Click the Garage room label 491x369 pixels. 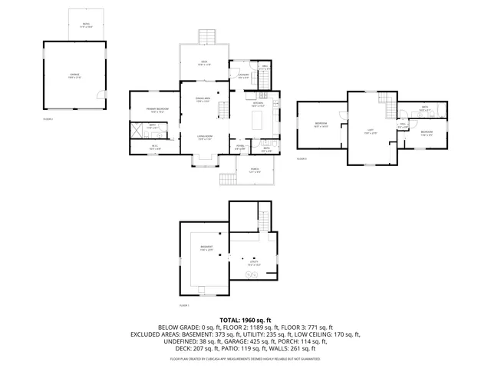coord(75,75)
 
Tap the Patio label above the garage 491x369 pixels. coord(86,25)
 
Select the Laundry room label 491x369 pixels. coord(243,75)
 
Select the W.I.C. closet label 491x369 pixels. coord(154,147)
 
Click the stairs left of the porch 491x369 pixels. coord(226,179)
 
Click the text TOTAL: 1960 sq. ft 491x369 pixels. coord(245,319)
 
